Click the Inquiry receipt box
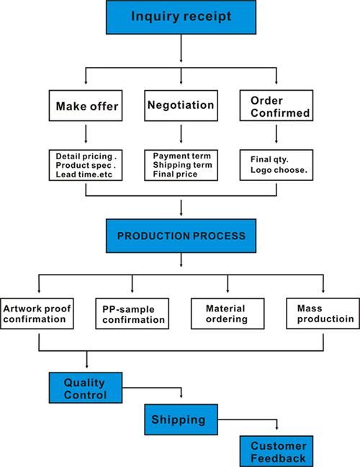(x=181, y=17)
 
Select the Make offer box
(x=86, y=106)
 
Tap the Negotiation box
(x=181, y=106)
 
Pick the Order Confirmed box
(x=276, y=105)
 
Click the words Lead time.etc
(x=84, y=174)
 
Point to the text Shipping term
(x=182, y=165)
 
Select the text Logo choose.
(x=279, y=170)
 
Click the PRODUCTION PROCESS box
(x=181, y=236)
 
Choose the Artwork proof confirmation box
(x=37, y=313)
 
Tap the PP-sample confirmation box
(x=132, y=313)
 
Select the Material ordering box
(x=228, y=313)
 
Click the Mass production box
(x=323, y=313)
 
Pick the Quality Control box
(x=86, y=388)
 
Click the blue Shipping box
(x=181, y=419)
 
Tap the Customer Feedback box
(x=276, y=451)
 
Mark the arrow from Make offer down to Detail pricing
(x=86, y=134)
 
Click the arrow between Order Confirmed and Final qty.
(x=276, y=134)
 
